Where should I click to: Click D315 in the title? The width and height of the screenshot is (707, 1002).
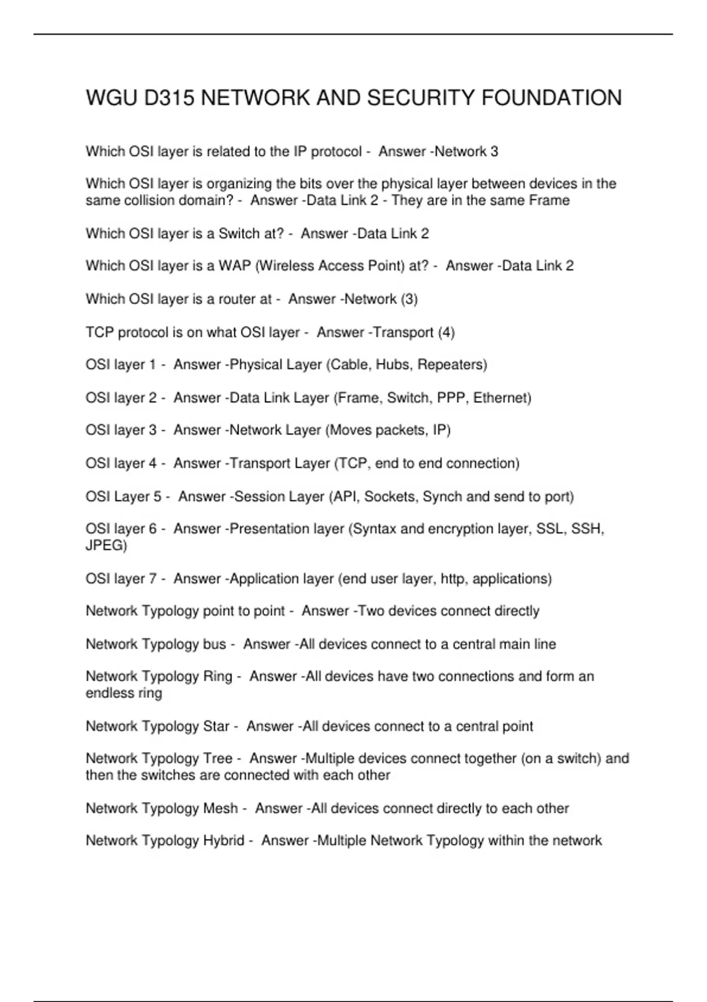pos(169,98)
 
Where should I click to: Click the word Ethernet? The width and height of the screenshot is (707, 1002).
pos(502,398)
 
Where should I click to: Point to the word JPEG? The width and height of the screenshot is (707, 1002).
pos(106,545)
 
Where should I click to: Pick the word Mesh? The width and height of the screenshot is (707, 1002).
pos(220,808)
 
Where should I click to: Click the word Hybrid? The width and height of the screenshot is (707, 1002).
pos(223,841)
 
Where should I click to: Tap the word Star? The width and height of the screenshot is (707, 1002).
pos(216,726)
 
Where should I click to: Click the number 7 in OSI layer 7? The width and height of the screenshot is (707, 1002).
pos(153,579)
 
